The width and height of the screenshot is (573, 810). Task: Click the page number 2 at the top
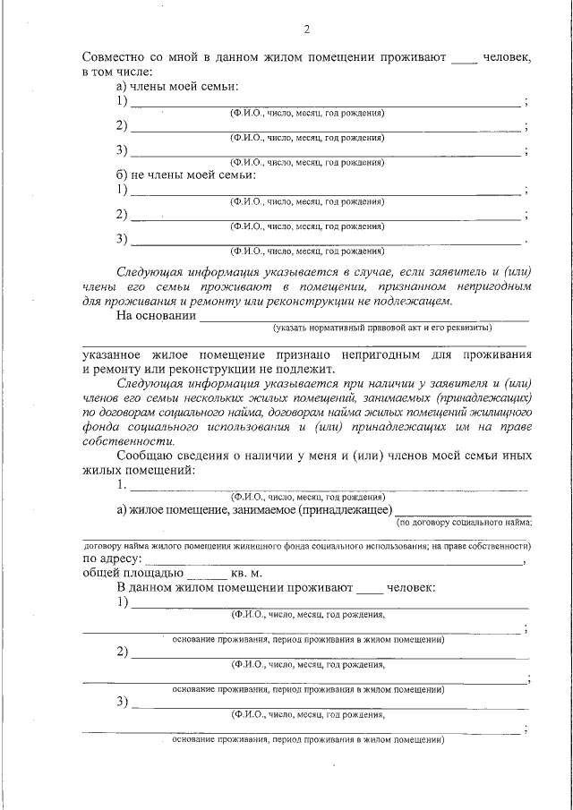click(306, 30)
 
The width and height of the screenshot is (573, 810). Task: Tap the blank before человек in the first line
click(465, 59)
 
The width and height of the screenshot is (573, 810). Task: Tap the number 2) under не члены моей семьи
click(122, 214)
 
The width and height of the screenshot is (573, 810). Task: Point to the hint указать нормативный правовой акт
click(383, 328)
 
